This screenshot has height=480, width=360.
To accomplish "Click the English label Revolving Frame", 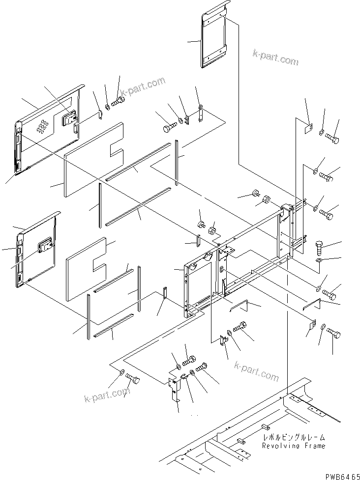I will coord(293,446).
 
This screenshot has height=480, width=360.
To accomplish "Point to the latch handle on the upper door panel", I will coord(68,118).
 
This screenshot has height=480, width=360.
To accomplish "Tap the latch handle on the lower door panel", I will coord(46,244).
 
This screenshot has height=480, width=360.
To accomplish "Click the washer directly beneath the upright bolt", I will coord(318,259).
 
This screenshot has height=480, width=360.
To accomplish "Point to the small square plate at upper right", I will coord(309,129).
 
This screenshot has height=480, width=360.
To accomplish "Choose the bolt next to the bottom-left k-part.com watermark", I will coord(133,379).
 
